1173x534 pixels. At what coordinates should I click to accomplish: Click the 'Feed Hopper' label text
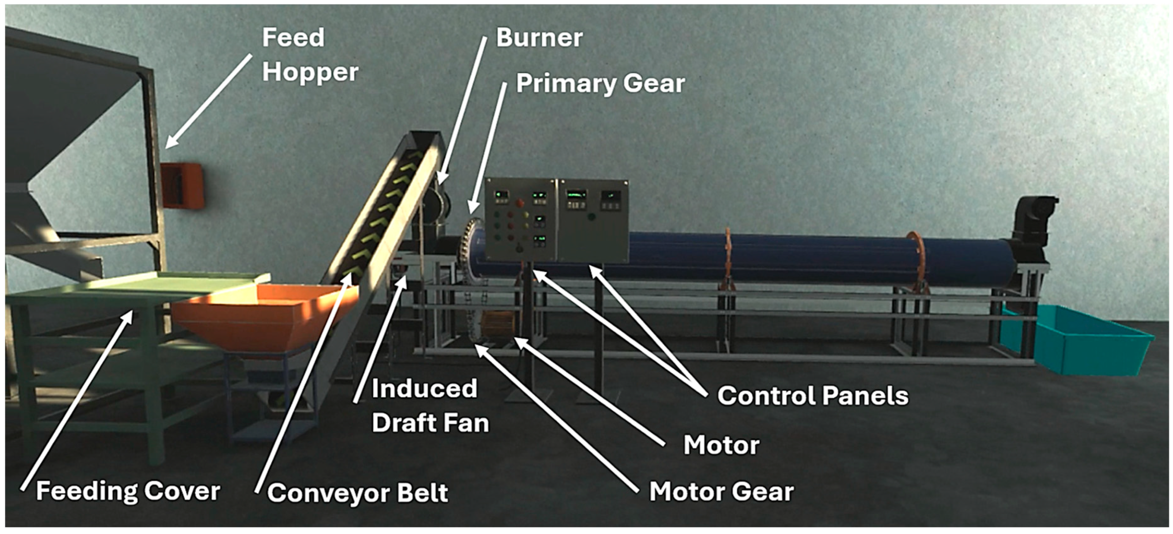click(309, 55)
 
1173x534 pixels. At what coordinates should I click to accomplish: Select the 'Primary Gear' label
click(600, 84)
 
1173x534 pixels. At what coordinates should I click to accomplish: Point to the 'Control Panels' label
click(812, 395)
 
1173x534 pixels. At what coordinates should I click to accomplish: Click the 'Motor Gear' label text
click(721, 492)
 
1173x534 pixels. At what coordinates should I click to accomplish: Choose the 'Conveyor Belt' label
click(358, 493)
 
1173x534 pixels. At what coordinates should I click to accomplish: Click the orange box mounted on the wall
click(181, 186)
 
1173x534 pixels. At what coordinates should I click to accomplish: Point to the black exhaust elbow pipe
click(1036, 218)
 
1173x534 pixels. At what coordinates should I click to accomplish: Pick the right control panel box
click(593, 221)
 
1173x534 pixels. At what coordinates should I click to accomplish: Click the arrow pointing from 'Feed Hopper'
click(208, 101)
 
